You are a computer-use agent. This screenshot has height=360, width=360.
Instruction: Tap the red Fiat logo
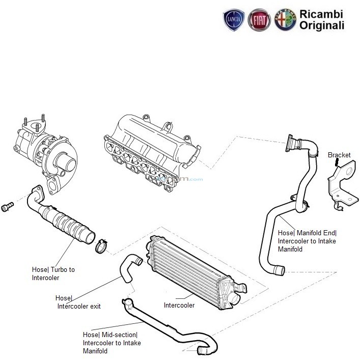(259, 20)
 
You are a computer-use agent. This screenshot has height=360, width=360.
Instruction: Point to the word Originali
(321, 25)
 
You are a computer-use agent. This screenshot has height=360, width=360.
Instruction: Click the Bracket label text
(339, 155)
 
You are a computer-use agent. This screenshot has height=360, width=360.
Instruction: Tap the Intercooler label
(179, 306)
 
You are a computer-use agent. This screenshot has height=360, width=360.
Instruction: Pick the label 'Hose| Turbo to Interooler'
(52, 273)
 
